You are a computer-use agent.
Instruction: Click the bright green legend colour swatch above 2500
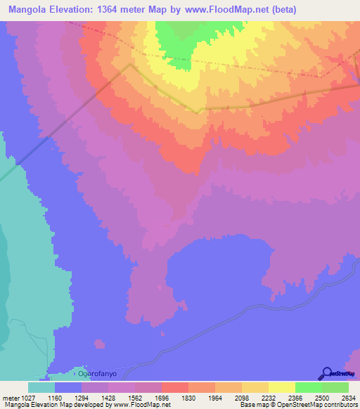308,387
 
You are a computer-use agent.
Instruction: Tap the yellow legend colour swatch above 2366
281,387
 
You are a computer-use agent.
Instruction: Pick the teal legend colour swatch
41,387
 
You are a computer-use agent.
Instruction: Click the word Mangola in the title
27,10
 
